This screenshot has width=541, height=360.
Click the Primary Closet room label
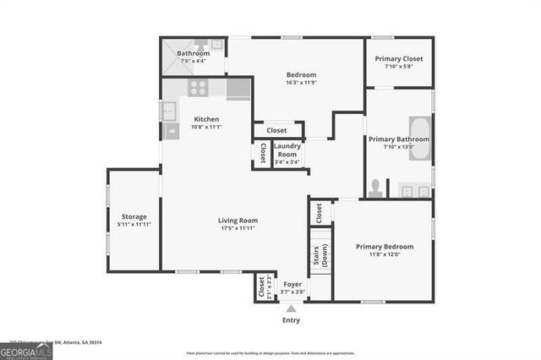[x=398, y=59]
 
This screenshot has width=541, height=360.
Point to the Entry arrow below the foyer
[x=291, y=309]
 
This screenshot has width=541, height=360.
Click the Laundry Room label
[x=287, y=151]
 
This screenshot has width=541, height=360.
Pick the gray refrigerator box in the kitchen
[x=238, y=89]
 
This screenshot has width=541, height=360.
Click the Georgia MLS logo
[x=26, y=350]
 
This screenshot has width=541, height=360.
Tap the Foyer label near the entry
[x=292, y=285]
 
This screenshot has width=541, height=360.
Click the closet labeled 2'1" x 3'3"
[x=263, y=287]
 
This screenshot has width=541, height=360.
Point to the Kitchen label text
[x=207, y=119]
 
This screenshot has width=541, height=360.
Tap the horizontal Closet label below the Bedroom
[x=276, y=130]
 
